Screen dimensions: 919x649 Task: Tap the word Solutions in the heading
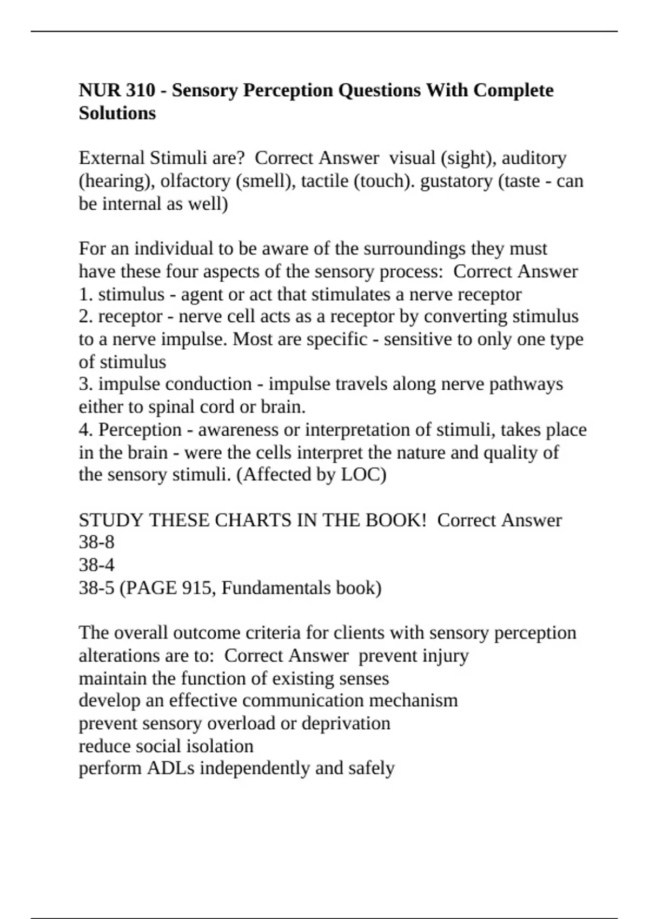(117, 114)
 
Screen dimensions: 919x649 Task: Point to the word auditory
(534, 158)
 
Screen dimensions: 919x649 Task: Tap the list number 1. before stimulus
(86, 295)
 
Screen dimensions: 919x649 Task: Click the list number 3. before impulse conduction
(86, 384)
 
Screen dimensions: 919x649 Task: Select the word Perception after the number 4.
(140, 430)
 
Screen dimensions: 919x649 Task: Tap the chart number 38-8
(96, 542)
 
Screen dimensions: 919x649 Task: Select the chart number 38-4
(96, 565)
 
